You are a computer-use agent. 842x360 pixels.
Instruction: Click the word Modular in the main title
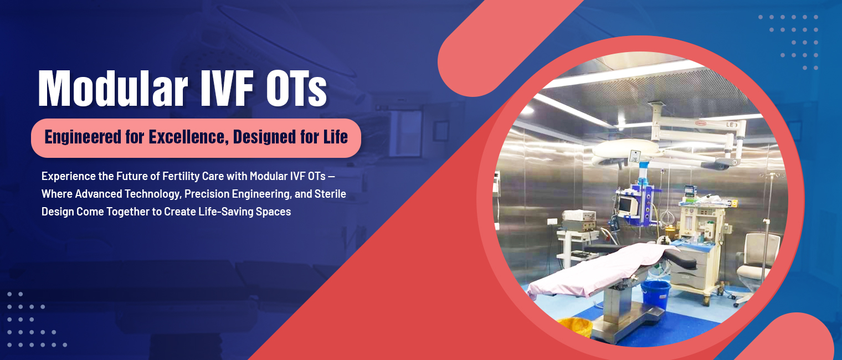pos(113,89)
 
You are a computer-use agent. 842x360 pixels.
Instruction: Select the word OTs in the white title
pos(296,89)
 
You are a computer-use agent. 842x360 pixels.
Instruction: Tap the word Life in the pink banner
pos(336,137)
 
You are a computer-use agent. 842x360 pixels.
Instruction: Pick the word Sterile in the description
pos(330,194)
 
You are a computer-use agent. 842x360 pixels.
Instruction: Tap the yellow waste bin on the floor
pos(575,327)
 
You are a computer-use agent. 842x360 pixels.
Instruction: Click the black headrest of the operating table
pos(680,259)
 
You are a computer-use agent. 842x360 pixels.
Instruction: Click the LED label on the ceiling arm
pos(730,125)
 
